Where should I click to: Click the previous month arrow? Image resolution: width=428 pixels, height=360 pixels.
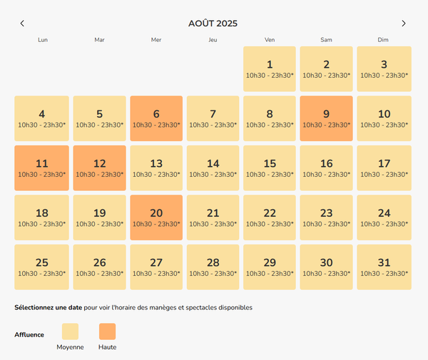click(x=22, y=24)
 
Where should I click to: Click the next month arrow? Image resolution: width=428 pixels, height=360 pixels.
click(x=404, y=24)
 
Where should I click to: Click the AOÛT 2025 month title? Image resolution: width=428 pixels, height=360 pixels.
click(x=213, y=24)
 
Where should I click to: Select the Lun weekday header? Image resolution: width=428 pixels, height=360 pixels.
click(x=42, y=40)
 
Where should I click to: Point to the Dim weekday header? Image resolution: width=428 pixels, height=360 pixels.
click(x=384, y=40)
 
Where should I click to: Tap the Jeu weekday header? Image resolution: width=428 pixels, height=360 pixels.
click(x=213, y=40)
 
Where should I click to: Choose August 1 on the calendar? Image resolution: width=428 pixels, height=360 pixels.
click(x=270, y=68)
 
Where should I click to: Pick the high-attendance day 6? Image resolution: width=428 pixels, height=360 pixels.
click(x=156, y=118)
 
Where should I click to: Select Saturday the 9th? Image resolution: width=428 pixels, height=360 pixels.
click(x=326, y=118)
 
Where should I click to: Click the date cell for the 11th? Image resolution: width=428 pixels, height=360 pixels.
click(x=42, y=168)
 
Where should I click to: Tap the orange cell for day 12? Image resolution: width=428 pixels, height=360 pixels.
click(x=99, y=168)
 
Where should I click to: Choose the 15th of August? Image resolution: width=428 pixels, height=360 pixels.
click(x=270, y=168)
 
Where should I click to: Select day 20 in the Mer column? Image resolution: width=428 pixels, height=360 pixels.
click(x=156, y=217)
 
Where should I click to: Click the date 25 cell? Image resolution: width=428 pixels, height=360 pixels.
click(x=42, y=267)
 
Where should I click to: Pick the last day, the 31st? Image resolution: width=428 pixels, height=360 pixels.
click(x=384, y=267)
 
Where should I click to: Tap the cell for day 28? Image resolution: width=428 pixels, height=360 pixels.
click(x=213, y=267)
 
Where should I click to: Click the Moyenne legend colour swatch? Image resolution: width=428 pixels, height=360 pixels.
click(x=71, y=331)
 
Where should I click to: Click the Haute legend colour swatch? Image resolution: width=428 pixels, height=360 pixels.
click(x=107, y=331)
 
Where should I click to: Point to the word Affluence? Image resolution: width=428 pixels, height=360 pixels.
click(x=29, y=334)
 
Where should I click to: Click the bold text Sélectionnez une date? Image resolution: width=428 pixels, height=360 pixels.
click(x=48, y=308)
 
